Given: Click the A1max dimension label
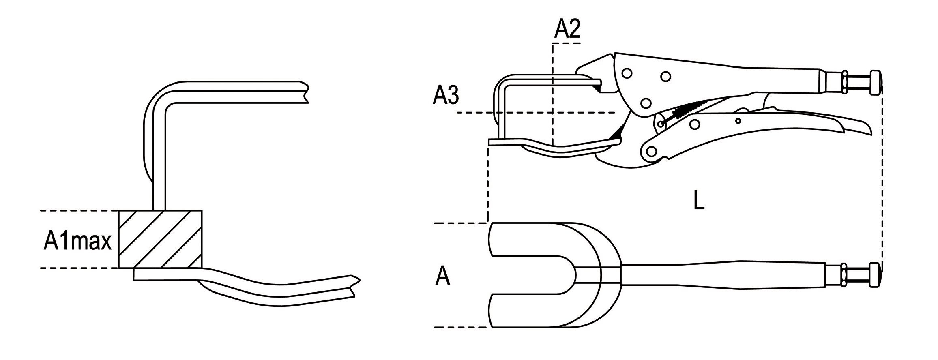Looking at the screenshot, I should tap(77, 242).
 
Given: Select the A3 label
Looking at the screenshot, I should tap(446, 96).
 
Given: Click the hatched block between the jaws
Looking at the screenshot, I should tap(160, 239).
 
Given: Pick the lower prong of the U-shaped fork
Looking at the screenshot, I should tap(527, 309).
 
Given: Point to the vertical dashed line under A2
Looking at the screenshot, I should tap(552, 93).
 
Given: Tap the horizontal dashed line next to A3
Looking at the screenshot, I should tap(535, 112).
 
